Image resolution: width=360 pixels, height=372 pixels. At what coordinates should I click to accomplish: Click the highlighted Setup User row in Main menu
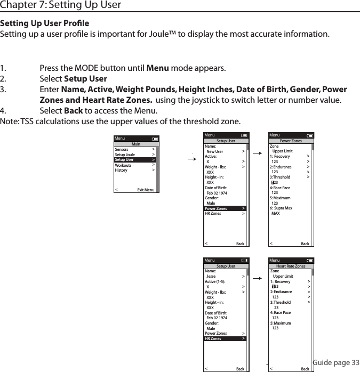click(x=134, y=160)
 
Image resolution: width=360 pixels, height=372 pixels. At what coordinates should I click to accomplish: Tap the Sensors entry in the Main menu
click(x=122, y=150)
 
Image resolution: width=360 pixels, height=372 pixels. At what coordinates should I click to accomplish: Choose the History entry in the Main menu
click(x=121, y=171)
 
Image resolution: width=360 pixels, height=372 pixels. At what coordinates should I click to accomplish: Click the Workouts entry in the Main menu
click(x=123, y=165)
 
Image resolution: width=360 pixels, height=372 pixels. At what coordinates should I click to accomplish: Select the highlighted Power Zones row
click(x=225, y=208)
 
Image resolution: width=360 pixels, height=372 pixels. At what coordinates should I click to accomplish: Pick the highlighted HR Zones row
click(x=225, y=338)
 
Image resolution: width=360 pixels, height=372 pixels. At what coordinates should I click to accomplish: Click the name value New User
click(x=215, y=151)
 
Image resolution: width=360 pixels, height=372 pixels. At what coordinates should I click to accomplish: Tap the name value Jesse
click(x=211, y=276)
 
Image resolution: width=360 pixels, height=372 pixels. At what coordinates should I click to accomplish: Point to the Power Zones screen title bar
click(x=291, y=141)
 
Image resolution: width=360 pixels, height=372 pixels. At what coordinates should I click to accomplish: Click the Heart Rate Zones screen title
click(x=291, y=266)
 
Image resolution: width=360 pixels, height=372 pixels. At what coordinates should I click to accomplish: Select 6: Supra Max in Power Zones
click(x=281, y=208)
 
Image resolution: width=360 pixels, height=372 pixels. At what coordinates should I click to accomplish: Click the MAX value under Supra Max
click(x=276, y=213)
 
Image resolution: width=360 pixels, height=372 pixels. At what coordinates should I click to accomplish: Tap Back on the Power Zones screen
click(x=305, y=244)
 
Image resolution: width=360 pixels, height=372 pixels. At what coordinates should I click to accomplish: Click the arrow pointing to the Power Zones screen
click(x=257, y=153)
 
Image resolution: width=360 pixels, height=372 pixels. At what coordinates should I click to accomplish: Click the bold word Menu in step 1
click(x=157, y=69)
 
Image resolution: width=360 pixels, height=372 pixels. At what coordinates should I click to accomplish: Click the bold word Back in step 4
click(x=73, y=111)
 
